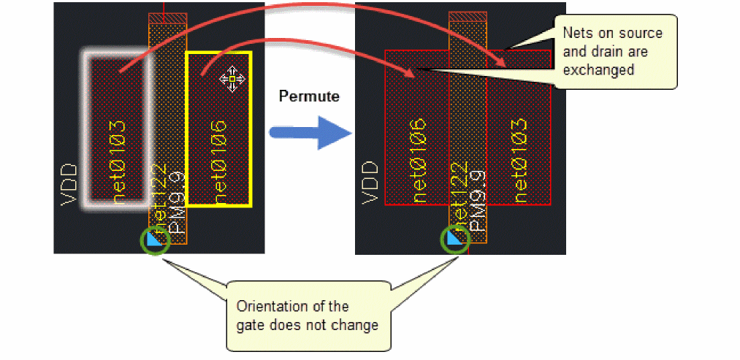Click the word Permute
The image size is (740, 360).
309,96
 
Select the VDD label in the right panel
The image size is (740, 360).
371,183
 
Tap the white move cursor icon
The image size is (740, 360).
232,79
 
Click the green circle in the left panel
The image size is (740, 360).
155,240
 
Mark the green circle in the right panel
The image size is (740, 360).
456,239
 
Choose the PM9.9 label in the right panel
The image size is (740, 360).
478,201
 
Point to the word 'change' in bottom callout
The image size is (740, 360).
355,325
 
